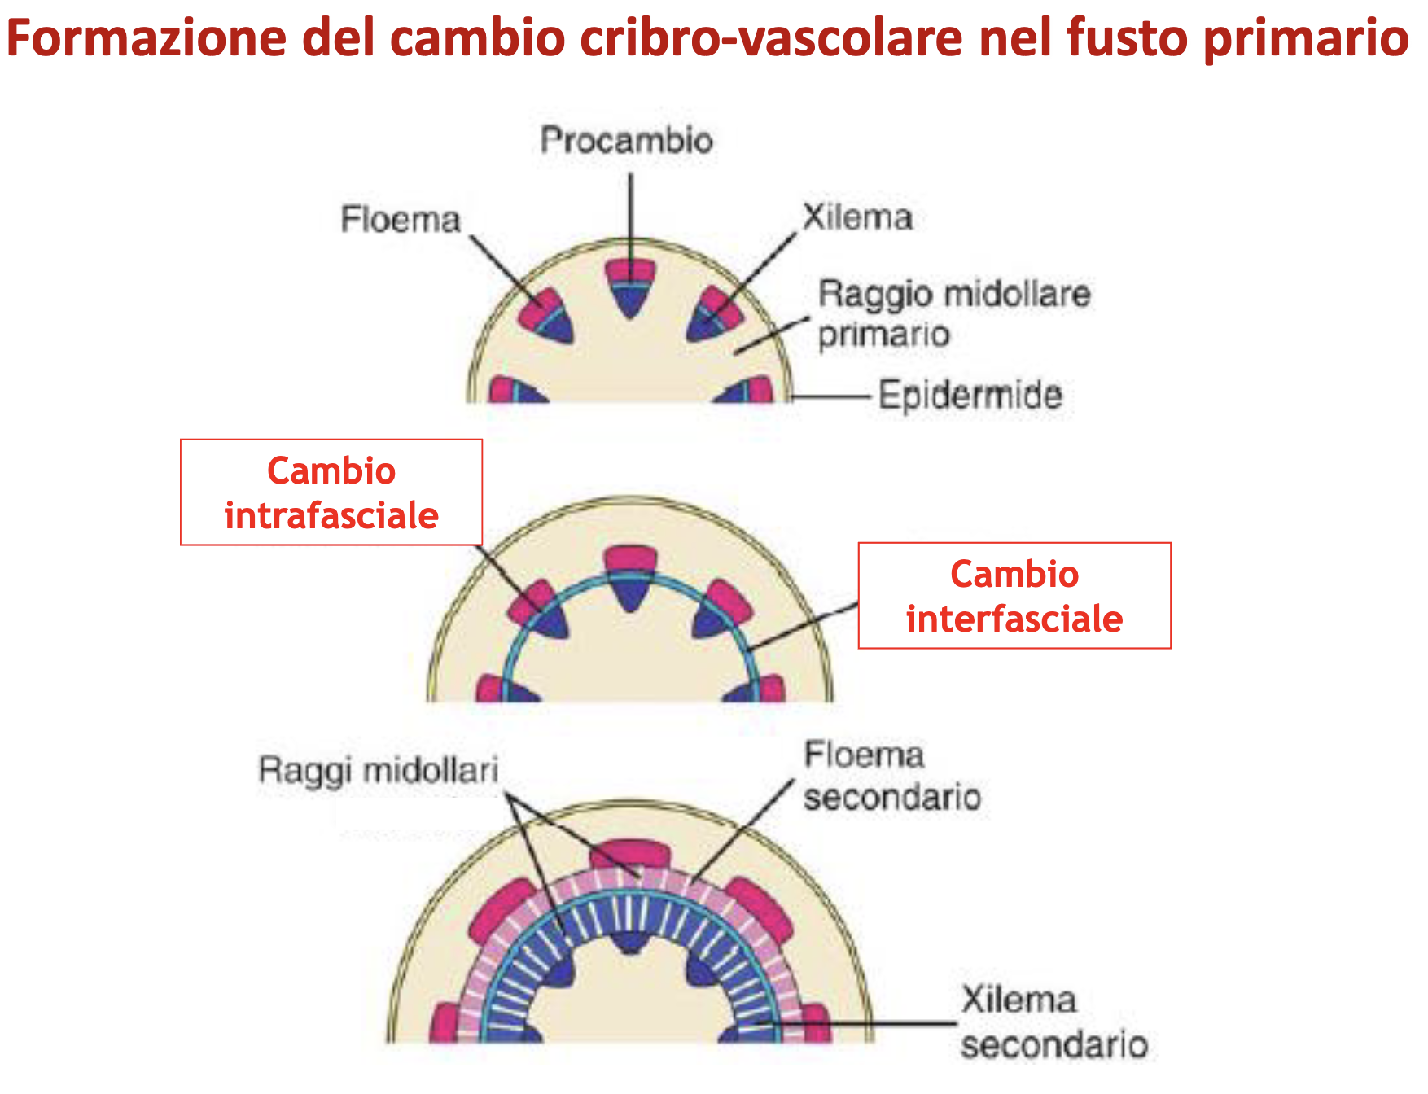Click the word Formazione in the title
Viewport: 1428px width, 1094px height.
(x=147, y=37)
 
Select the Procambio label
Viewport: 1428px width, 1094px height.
(x=626, y=140)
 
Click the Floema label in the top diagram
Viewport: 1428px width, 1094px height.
(x=401, y=219)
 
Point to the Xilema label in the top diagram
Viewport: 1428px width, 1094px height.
(x=857, y=217)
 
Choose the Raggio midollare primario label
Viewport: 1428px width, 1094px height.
(x=953, y=313)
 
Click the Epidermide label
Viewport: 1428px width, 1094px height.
(x=970, y=396)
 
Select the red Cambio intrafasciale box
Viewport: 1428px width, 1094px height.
(x=331, y=492)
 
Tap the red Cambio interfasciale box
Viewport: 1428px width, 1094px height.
(x=1014, y=596)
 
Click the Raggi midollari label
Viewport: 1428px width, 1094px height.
(x=379, y=770)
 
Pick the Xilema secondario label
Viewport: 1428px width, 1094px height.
(x=1053, y=1022)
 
